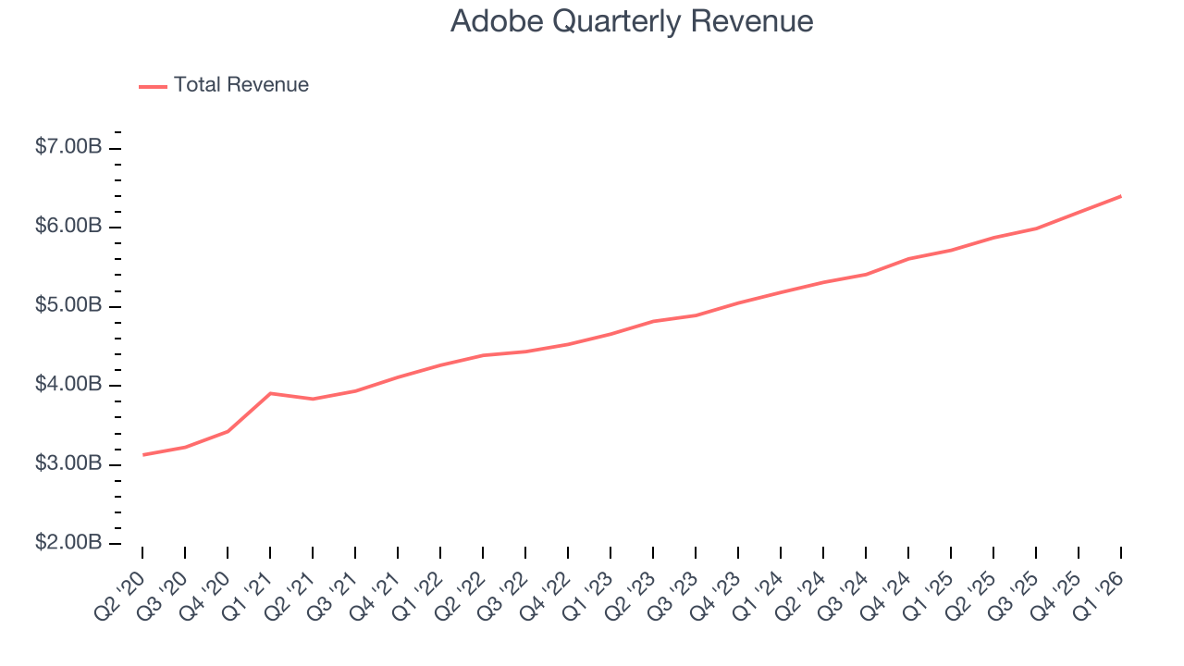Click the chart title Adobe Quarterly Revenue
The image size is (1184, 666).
click(632, 21)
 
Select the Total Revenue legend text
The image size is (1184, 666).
click(240, 85)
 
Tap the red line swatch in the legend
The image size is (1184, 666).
click(153, 86)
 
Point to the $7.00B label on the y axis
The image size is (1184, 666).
click(68, 147)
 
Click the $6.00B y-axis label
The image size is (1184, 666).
click(68, 227)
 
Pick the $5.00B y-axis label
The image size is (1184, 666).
click(68, 305)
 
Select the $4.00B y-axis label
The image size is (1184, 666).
click(68, 384)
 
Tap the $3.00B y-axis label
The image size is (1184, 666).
click(68, 463)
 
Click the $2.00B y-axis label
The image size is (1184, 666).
click(68, 542)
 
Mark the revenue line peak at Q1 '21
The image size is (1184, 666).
click(270, 393)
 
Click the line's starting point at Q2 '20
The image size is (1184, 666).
click(142, 454)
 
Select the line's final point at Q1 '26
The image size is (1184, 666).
click(1121, 196)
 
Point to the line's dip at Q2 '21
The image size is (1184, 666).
click(313, 399)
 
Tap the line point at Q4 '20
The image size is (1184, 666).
click(228, 431)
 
